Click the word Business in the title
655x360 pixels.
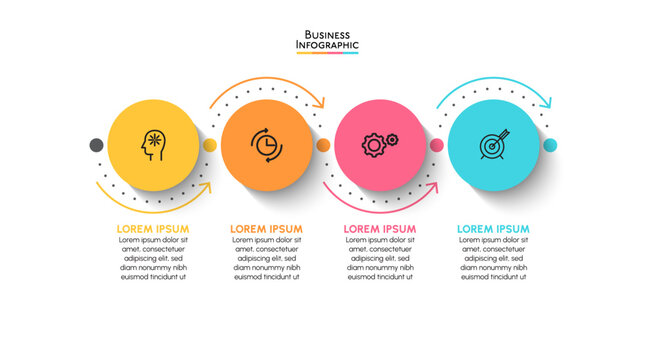327,34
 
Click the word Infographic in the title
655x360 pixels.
327,45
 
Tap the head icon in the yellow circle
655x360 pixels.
153,144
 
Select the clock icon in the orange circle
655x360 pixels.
267,144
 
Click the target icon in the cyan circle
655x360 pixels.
494,144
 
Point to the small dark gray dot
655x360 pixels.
96,145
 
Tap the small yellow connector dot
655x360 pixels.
210,145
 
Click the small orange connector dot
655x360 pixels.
323,145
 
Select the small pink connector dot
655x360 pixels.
437,145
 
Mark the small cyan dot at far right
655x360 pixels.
550,145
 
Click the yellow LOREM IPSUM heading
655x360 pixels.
153,229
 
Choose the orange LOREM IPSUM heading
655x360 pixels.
267,229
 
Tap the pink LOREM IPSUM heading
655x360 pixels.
380,229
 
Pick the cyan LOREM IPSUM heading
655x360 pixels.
494,229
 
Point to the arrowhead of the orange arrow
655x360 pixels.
320,101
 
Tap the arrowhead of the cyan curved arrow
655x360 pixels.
546,101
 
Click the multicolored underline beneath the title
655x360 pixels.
327,53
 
